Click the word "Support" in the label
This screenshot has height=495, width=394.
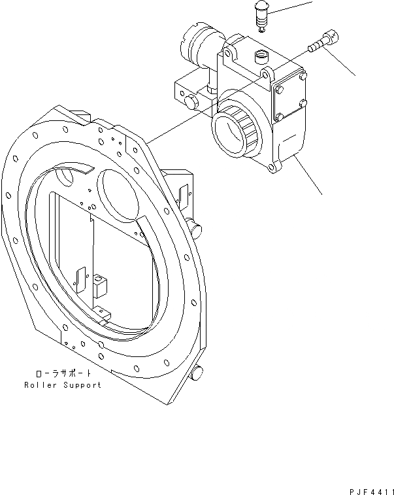82,385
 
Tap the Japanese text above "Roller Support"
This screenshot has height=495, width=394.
58,373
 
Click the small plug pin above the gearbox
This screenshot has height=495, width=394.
261,16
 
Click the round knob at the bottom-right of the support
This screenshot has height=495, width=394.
197,375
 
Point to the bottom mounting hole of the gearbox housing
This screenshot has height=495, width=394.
271,169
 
